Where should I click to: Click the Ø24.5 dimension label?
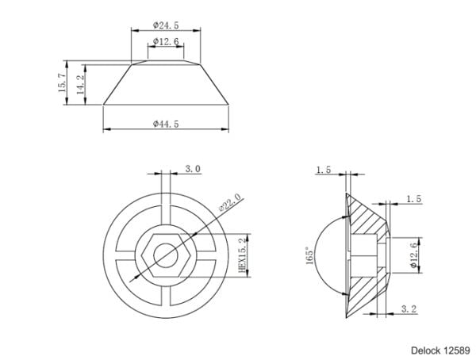click(x=166, y=25)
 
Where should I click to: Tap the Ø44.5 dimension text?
click(x=166, y=124)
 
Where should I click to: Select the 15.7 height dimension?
click(x=61, y=83)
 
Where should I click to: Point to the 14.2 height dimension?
click(x=80, y=85)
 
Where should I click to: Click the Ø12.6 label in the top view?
click(x=166, y=41)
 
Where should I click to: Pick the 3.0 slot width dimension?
click(x=193, y=169)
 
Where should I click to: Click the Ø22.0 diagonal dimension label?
click(x=232, y=202)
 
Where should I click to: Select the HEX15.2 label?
click(x=243, y=255)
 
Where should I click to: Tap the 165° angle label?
click(x=309, y=255)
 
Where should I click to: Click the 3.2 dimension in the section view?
click(x=409, y=309)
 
